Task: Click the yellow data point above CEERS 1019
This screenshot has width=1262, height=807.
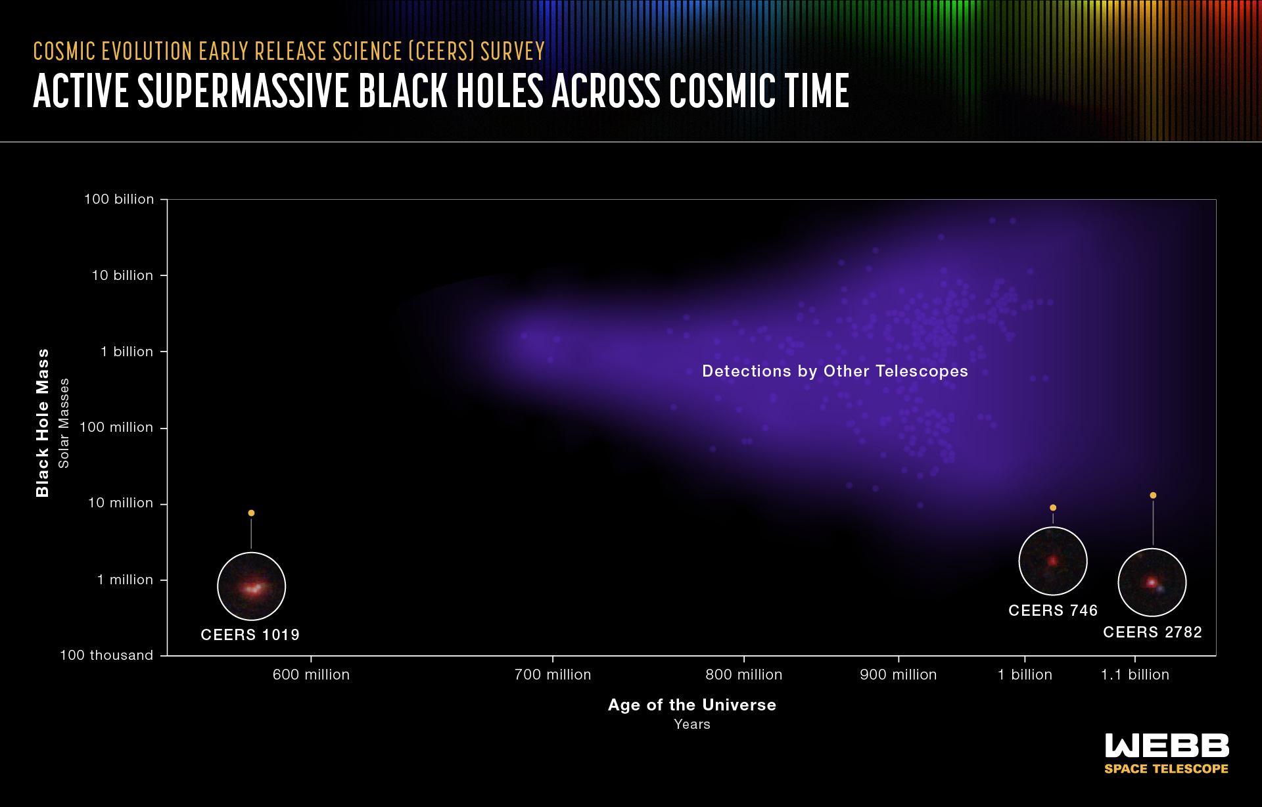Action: (x=251, y=513)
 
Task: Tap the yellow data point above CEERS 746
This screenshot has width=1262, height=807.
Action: (x=1053, y=507)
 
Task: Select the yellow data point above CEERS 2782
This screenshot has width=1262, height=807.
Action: (x=1153, y=496)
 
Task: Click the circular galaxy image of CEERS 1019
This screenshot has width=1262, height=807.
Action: (x=251, y=586)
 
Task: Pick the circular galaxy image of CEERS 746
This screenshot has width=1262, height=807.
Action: (x=1053, y=561)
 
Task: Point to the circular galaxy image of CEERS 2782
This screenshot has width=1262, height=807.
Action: (x=1152, y=582)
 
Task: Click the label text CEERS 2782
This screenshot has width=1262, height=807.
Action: (x=1152, y=632)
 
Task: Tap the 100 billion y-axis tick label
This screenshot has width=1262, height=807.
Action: (x=119, y=199)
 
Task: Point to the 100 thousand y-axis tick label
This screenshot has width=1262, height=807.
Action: (x=106, y=655)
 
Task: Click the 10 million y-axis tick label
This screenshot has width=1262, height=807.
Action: (x=121, y=503)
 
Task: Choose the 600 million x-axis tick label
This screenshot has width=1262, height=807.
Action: (x=311, y=675)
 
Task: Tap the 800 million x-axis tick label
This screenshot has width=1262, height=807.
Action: (x=743, y=675)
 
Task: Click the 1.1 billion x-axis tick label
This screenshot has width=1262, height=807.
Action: (x=1134, y=675)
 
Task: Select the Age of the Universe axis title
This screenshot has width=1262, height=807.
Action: (x=691, y=705)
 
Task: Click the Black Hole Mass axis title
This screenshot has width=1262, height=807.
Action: (x=43, y=423)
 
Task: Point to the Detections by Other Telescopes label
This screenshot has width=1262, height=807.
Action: (x=835, y=371)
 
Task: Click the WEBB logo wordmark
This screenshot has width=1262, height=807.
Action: (x=1167, y=746)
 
